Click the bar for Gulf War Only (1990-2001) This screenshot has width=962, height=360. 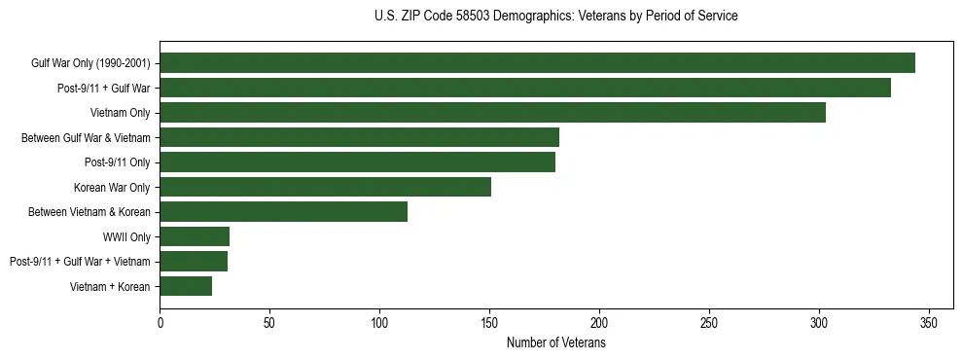537,63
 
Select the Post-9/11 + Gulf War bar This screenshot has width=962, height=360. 525,88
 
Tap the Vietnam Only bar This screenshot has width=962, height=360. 492,113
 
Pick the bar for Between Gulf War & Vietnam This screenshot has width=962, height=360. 359,137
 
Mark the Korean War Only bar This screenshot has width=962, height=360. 325,187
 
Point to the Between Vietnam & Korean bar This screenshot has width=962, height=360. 283,212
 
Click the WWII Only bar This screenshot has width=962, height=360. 195,236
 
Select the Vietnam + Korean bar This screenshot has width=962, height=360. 186,286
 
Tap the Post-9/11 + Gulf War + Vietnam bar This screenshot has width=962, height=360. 194,262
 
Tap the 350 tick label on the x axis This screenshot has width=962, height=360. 929,322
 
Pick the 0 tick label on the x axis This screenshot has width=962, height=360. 160,322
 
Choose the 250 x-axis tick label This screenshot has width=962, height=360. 709,322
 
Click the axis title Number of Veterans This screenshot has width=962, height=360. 555,342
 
